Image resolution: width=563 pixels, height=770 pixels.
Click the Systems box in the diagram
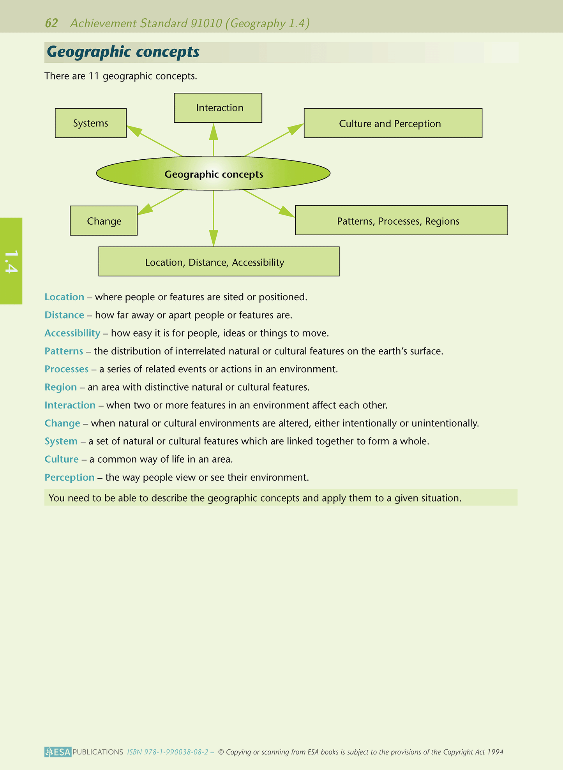click(91, 123)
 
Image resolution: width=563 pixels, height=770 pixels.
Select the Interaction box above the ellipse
click(218, 108)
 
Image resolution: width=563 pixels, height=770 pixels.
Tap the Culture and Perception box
click(393, 123)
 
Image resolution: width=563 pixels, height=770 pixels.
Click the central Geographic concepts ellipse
click(213, 174)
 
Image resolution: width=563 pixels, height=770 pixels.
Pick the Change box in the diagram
click(104, 221)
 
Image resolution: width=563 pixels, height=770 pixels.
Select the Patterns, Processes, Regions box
click(401, 220)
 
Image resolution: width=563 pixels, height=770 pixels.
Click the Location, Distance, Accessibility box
click(219, 262)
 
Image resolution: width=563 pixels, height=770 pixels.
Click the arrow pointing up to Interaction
click(214, 140)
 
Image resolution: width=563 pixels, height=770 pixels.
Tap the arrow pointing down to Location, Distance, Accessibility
click(214, 218)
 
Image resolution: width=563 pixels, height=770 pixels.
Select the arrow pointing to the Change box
click(161, 203)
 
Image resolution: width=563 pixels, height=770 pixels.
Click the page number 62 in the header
click(51, 23)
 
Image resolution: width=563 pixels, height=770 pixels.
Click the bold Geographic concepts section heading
click(123, 52)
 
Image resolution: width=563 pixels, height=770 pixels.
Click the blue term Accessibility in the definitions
click(72, 333)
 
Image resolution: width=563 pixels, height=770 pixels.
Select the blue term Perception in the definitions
click(70, 478)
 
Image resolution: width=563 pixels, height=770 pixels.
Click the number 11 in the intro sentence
click(94, 76)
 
